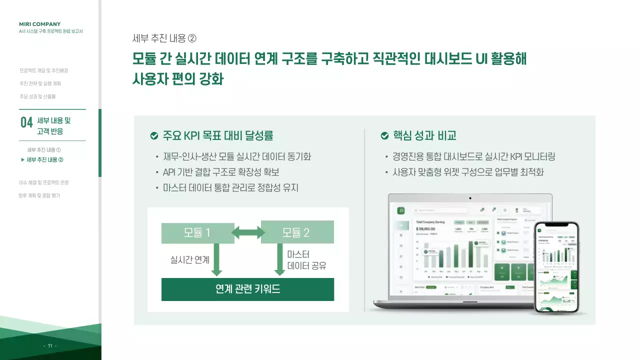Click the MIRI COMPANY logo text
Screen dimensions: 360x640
tap(39, 24)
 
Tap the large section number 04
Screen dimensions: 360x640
tap(26, 122)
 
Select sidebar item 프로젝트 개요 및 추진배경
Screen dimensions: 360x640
tap(43, 70)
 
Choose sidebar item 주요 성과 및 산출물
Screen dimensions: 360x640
tap(37, 96)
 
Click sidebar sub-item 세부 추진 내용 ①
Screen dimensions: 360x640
tap(44, 150)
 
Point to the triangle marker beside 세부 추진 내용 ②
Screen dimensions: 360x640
tap(22, 160)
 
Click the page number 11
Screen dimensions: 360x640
tap(50, 346)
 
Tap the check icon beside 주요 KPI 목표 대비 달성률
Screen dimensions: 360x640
tap(154, 136)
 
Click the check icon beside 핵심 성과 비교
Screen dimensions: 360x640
tap(384, 136)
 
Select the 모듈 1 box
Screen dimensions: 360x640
tap(197, 233)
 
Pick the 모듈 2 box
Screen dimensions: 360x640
tap(297, 233)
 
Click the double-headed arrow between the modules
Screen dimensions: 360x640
tap(248, 232)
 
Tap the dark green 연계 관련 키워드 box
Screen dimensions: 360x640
tap(247, 289)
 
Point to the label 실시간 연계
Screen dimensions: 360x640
tap(190, 259)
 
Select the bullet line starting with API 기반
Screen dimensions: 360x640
tap(221, 172)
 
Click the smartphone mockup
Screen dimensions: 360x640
tap(556, 267)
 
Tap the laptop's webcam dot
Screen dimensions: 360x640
tap(470, 198)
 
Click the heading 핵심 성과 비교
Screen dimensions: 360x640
tap(424, 135)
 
